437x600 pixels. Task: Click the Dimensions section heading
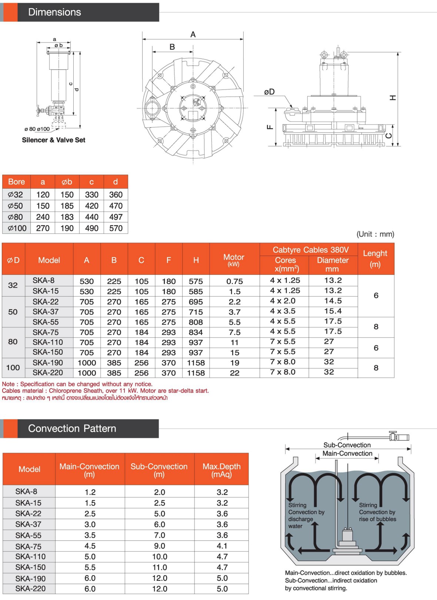pyautogui.click(x=54, y=12)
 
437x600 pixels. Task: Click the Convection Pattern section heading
pyautogui.click(x=72, y=428)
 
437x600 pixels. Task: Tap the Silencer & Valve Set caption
pyautogui.click(x=54, y=140)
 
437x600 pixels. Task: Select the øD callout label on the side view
pyautogui.click(x=269, y=92)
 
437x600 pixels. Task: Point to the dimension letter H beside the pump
pyautogui.click(x=393, y=98)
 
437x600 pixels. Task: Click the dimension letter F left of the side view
pyautogui.click(x=270, y=127)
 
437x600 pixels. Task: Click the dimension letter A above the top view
pyautogui.click(x=193, y=34)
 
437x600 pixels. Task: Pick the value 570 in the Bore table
pyautogui.click(x=116, y=228)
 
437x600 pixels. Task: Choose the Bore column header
pyautogui.click(x=17, y=182)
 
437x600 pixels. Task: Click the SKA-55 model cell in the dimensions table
pyautogui.click(x=46, y=322)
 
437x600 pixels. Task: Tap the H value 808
pyautogui.click(x=196, y=322)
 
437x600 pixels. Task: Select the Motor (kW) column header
pyautogui.click(x=234, y=260)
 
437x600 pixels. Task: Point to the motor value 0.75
pyautogui.click(x=234, y=281)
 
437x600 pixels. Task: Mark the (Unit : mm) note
pyautogui.click(x=375, y=234)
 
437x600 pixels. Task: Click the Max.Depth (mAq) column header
pyautogui.click(x=221, y=470)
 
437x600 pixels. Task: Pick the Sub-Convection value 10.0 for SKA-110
pyautogui.click(x=160, y=557)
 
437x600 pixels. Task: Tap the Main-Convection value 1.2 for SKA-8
pyautogui.click(x=90, y=492)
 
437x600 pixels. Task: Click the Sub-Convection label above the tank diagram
pyautogui.click(x=347, y=445)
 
